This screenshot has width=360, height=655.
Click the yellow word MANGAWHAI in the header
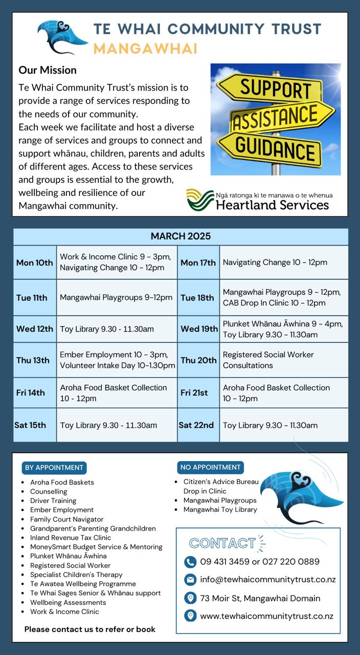click(145, 49)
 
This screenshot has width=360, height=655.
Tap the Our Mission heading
click(48, 70)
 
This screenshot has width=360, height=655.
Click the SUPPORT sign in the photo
click(275, 88)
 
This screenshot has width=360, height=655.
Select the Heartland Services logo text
click(272, 205)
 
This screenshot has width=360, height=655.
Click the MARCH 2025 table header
click(181, 236)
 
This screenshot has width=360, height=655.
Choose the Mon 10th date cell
click(34, 263)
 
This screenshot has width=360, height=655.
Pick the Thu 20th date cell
click(198, 360)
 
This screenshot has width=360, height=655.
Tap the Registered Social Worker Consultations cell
click(268, 360)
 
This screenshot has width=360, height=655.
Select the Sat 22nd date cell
click(196, 425)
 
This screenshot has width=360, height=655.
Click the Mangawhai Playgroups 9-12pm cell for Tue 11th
click(116, 297)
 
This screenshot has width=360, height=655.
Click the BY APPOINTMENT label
click(54, 467)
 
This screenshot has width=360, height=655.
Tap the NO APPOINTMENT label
click(210, 467)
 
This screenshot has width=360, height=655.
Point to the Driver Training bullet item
click(53, 500)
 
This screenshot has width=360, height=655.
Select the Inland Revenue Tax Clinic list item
click(71, 537)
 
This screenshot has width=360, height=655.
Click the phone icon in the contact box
click(190, 562)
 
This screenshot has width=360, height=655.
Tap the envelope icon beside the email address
click(190, 580)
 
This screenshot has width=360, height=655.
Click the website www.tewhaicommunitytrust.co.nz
click(266, 616)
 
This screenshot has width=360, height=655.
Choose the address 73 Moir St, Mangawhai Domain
click(260, 598)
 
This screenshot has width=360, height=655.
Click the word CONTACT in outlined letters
click(222, 543)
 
